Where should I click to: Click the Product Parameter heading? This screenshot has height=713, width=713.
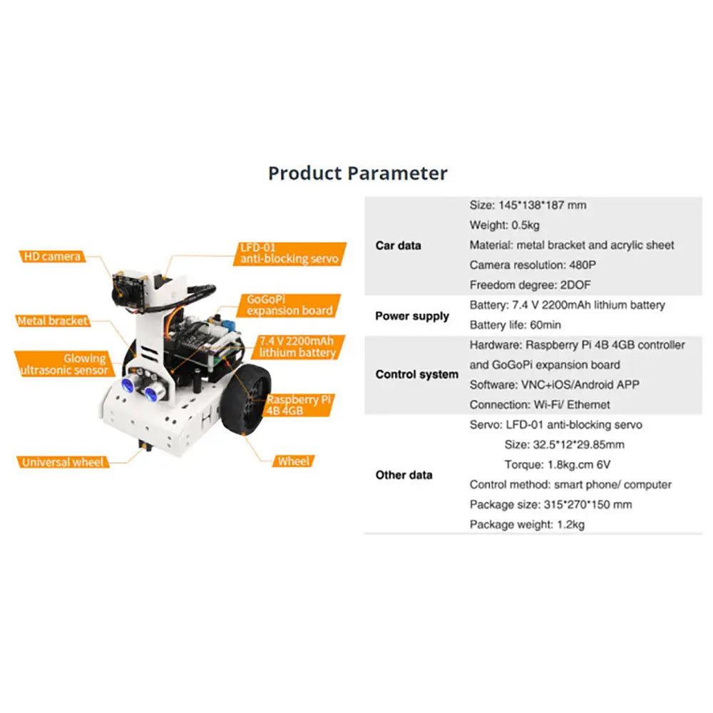tap(358, 173)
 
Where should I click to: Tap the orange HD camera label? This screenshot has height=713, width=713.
tap(52, 257)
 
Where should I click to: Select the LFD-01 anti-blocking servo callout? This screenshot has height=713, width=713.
tap(289, 254)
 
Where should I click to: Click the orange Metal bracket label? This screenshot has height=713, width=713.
tap(52, 321)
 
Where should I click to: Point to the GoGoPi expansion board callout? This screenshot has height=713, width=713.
tap(289, 306)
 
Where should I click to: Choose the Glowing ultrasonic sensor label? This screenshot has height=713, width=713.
tap(63, 364)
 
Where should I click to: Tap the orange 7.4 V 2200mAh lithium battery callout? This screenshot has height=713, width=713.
tap(297, 347)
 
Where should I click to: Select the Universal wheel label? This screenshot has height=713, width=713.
tap(63, 462)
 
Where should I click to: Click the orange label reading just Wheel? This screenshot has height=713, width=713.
tap(293, 461)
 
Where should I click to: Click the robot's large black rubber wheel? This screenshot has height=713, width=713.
tap(245, 399)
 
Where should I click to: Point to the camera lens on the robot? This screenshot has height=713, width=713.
tap(120, 293)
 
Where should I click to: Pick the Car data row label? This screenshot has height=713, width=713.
tap(399, 245)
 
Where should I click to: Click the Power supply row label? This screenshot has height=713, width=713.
tap(412, 316)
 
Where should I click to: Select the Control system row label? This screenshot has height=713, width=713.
tap(417, 374)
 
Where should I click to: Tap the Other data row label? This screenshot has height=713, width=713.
tap(404, 475)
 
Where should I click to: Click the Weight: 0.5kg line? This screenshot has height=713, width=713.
tap(504, 225)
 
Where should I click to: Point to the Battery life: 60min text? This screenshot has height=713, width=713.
tap(515, 325)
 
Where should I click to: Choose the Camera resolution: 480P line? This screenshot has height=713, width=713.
tap(533, 265)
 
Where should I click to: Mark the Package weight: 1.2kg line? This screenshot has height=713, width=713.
tap(527, 525)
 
